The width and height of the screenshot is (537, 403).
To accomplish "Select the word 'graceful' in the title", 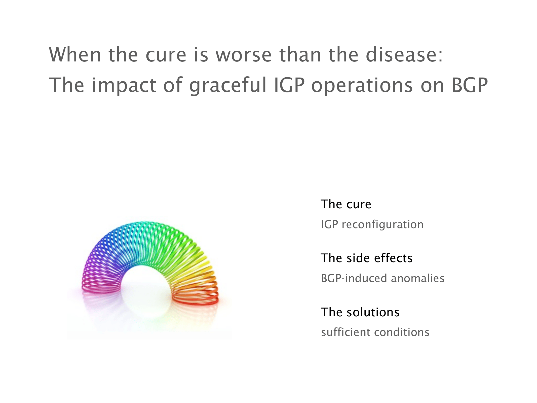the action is click(x=228, y=85).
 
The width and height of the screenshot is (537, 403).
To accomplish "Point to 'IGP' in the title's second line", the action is click(x=289, y=85).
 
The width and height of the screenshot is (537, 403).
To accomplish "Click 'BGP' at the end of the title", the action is click(x=470, y=85).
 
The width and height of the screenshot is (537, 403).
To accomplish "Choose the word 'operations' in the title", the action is click(x=362, y=85).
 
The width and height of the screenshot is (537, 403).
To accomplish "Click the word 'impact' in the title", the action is click(x=124, y=85).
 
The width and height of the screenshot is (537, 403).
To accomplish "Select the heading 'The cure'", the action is click(x=346, y=204).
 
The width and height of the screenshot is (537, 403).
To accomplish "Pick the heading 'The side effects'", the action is click(x=367, y=258).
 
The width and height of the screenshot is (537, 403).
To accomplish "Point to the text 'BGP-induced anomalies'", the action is click(x=383, y=278).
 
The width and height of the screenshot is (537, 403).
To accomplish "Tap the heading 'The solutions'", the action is click(x=360, y=312).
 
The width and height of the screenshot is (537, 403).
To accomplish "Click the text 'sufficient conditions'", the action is click(x=375, y=332).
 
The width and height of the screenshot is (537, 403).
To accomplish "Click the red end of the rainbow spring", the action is click(x=195, y=300).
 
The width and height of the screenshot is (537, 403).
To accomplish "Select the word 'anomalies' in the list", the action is click(x=418, y=278).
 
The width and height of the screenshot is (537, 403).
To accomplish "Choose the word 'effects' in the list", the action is click(x=393, y=258).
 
